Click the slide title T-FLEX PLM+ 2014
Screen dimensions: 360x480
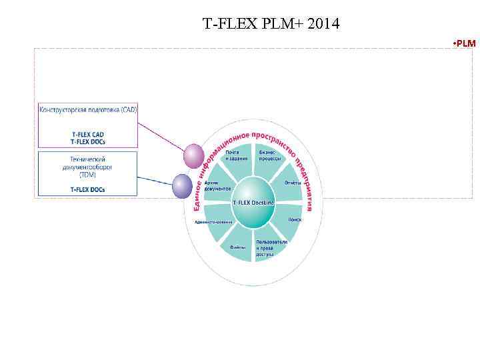coord(271,25)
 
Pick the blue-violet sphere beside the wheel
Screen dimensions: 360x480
coord(182,186)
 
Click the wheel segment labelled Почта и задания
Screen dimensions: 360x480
coord(235,155)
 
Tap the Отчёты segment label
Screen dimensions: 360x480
coord(293,183)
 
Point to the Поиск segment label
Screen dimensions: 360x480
coord(295,219)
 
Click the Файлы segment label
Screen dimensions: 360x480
coord(238,247)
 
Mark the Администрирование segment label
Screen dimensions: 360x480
coord(213,221)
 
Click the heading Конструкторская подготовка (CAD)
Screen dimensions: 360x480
coord(88,109)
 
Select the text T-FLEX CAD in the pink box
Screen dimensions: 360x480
coord(88,134)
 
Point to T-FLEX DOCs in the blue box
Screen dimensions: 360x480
coord(88,189)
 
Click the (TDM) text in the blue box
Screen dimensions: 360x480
coord(87,175)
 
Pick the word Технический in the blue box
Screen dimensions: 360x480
coord(87,159)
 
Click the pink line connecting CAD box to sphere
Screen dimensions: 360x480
coord(162,138)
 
